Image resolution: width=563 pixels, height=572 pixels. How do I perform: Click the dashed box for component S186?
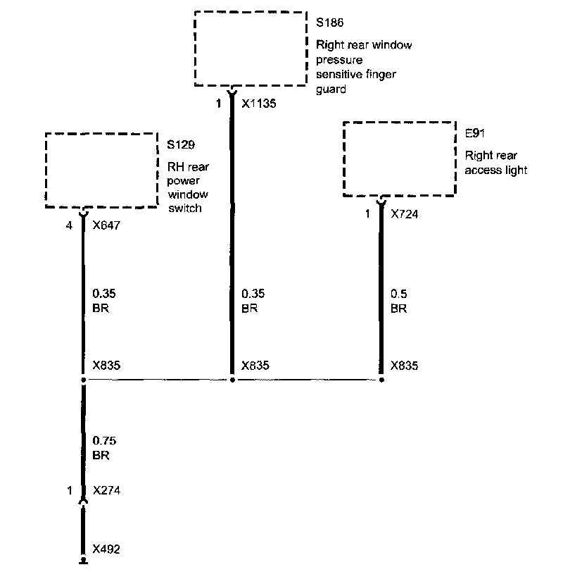(x=251, y=48)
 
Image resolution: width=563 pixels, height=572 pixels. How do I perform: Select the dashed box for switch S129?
(x=101, y=169)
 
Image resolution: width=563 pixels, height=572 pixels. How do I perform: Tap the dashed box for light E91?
(x=399, y=159)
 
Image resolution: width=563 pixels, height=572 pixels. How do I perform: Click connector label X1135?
(x=258, y=104)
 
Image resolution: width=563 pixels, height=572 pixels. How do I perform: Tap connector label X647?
(x=106, y=227)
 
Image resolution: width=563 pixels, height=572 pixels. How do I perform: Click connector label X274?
(x=106, y=491)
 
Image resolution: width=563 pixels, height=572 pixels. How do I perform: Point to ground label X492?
(x=106, y=548)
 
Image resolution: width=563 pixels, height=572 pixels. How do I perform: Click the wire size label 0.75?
(x=104, y=441)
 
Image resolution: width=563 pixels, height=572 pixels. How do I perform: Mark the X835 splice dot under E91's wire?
(x=382, y=380)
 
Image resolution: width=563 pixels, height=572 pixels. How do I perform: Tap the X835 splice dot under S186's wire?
(x=232, y=380)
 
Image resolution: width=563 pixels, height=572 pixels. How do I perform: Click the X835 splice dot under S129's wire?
(x=84, y=380)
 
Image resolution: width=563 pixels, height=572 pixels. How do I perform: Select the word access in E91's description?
(x=479, y=170)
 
